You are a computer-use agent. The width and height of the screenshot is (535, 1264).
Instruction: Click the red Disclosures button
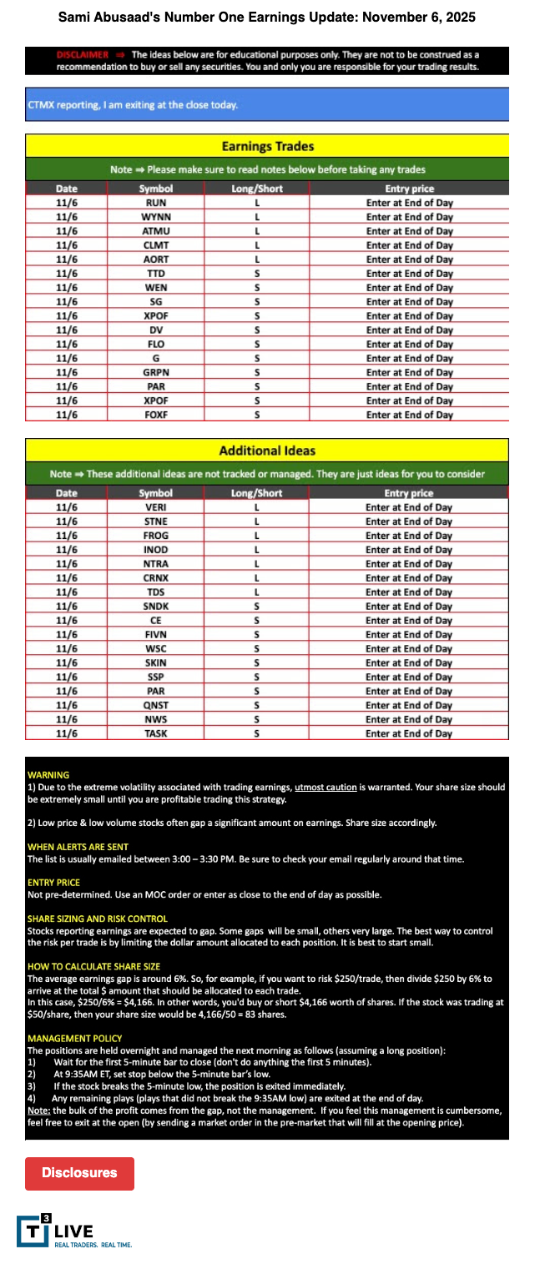click(x=79, y=1172)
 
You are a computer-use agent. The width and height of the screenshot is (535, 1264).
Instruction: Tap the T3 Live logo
click(x=54, y=1231)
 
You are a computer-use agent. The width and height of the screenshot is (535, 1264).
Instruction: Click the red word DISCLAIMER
click(x=83, y=54)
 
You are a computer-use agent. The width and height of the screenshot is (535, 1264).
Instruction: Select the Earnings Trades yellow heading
click(x=267, y=146)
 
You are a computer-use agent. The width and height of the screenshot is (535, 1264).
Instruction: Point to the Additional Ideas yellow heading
click(x=267, y=451)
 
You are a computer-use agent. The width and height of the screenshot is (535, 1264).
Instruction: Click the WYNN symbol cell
click(x=156, y=217)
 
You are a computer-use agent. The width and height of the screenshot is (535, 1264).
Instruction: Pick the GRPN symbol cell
click(x=156, y=372)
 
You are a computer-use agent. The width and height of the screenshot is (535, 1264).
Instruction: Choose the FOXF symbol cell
click(x=156, y=415)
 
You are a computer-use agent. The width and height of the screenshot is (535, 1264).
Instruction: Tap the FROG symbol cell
click(x=156, y=536)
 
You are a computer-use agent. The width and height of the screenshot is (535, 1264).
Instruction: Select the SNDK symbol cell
click(x=156, y=607)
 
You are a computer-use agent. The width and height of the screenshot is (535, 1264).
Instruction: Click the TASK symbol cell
click(x=156, y=733)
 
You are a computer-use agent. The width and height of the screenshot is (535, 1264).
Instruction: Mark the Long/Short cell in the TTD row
click(x=257, y=274)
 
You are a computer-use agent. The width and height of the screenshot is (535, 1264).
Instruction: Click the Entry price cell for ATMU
click(x=409, y=231)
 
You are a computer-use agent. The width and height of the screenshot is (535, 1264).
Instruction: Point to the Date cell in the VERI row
click(x=67, y=507)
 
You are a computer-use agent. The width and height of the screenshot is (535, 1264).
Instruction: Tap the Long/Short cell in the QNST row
click(x=257, y=705)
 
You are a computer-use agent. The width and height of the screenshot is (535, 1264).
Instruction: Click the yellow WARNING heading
click(x=48, y=775)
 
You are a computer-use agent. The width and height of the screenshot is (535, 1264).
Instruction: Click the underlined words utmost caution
click(x=326, y=787)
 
